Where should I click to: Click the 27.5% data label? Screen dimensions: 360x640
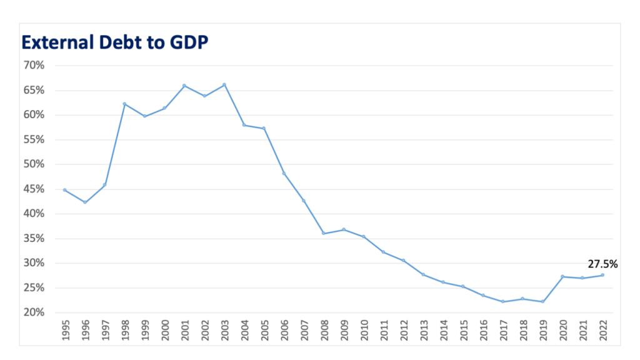602,264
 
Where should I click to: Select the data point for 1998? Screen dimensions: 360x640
124,104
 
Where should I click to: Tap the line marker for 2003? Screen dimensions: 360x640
224,84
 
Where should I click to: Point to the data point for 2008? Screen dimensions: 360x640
323,234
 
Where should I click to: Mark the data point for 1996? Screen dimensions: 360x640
84,202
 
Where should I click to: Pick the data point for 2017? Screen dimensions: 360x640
502,302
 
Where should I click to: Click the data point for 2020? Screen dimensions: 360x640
562,276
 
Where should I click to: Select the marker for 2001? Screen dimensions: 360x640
184,86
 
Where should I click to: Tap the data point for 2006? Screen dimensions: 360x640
284,173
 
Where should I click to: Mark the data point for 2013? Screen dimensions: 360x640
423,274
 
